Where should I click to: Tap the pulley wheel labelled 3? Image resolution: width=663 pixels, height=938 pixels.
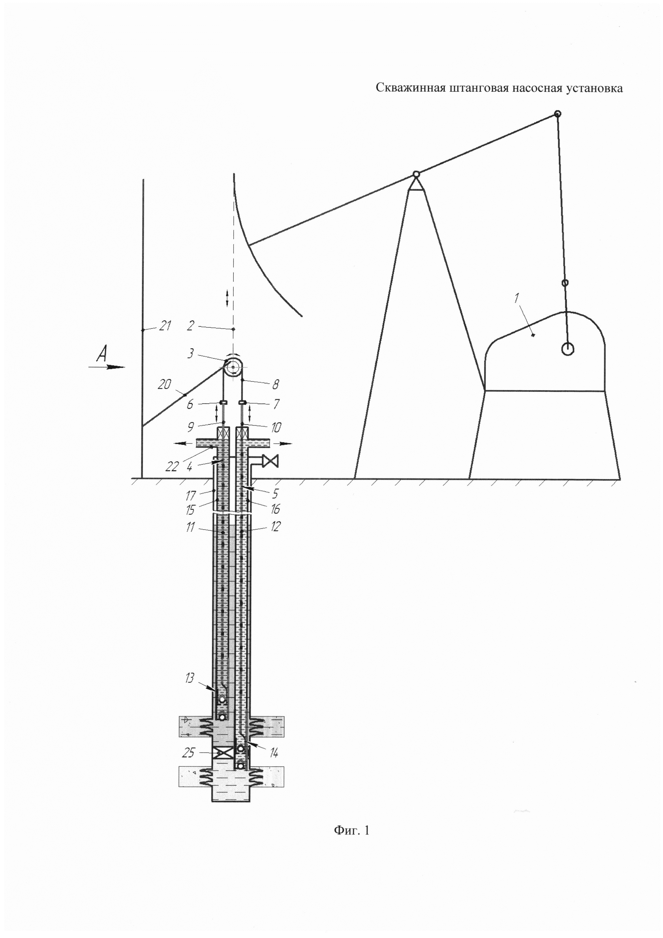click(x=233, y=368)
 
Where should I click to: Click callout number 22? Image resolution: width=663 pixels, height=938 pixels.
click(x=172, y=466)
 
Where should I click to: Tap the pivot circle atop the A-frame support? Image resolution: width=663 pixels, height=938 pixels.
click(x=416, y=174)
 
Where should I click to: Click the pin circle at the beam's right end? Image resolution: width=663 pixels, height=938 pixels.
click(x=557, y=114)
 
